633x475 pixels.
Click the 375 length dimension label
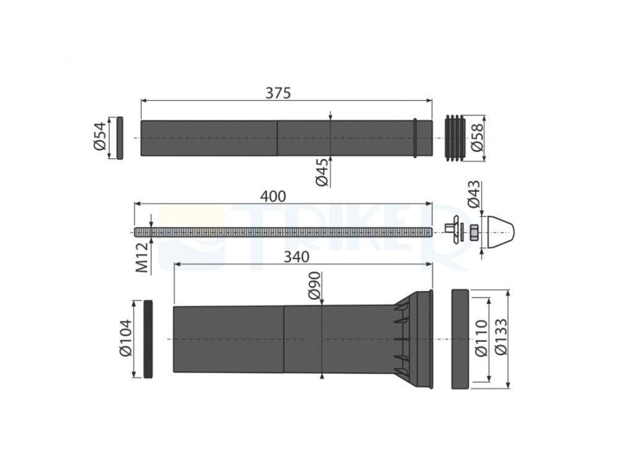tap(278, 93)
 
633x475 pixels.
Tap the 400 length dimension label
tap(273, 196)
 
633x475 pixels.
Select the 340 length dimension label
tap(297, 257)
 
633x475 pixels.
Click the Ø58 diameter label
tap(477, 138)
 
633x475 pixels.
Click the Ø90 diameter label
tap(315, 286)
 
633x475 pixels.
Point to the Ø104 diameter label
tap(125, 338)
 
